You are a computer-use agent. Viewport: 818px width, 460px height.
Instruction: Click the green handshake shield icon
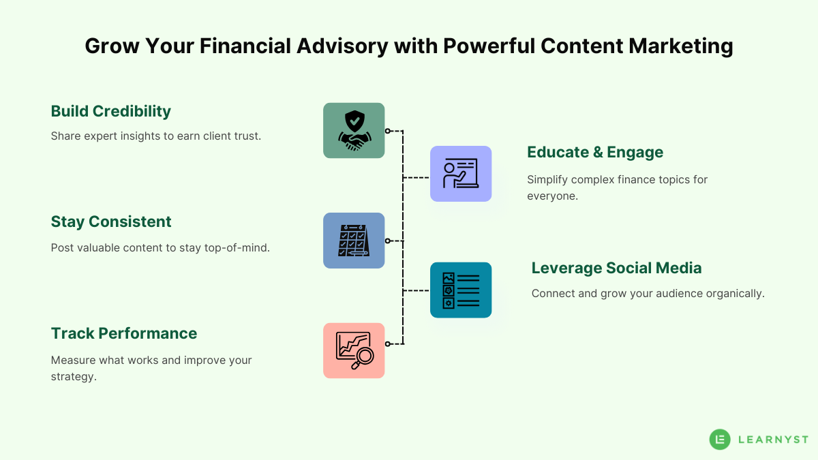[354, 131]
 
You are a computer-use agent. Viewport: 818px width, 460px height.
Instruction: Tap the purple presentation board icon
[461, 174]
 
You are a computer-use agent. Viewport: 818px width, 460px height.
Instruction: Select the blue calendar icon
[354, 241]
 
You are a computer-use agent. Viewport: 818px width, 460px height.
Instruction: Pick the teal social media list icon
[461, 290]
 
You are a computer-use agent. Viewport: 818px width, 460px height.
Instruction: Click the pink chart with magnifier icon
[354, 350]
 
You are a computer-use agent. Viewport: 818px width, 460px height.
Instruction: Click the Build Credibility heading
[111, 111]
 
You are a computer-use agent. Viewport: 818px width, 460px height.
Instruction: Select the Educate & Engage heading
[595, 153]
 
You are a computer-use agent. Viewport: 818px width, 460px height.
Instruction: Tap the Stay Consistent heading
[111, 221]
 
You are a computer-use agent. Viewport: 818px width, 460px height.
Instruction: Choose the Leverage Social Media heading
[616, 268]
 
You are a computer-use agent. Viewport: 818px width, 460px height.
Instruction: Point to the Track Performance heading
[124, 333]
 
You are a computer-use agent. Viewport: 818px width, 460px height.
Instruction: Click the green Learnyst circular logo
[719, 440]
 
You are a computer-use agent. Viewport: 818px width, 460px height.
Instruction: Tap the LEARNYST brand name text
[773, 440]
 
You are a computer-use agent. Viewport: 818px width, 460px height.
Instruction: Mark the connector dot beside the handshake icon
[387, 131]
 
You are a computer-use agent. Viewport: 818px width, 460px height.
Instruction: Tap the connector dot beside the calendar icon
[387, 241]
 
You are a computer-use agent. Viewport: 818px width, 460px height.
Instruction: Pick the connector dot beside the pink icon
[387, 344]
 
